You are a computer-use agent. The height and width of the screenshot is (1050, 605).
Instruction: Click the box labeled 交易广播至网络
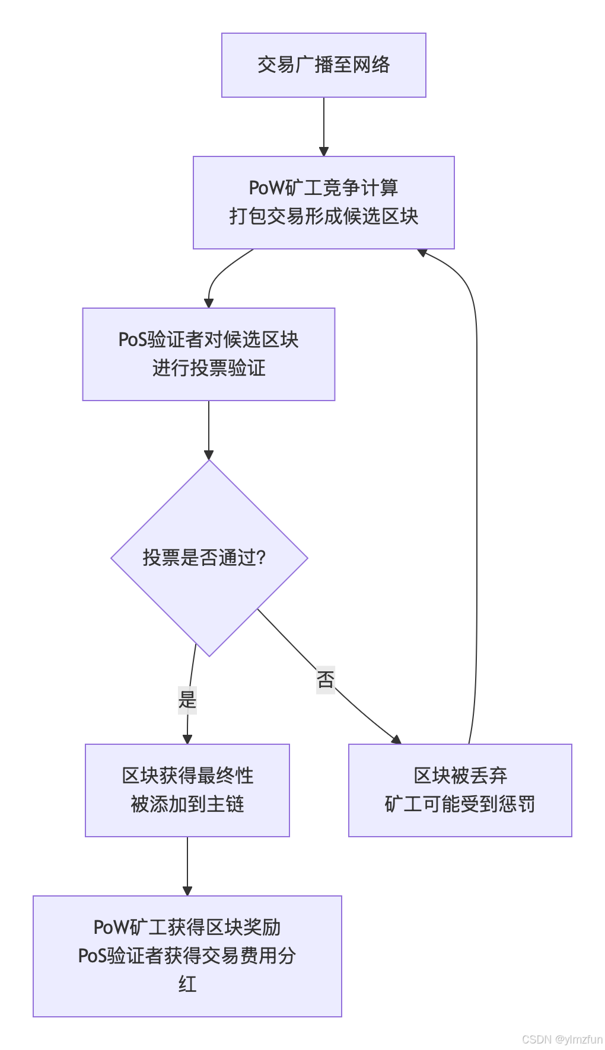(x=323, y=65)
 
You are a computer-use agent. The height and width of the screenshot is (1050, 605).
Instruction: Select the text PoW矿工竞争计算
(x=323, y=188)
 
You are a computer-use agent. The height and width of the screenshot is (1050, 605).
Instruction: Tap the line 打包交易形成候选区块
(x=323, y=216)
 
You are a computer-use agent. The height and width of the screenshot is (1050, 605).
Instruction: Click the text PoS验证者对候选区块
(x=208, y=340)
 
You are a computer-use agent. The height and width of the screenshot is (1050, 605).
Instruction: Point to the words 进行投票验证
(x=208, y=368)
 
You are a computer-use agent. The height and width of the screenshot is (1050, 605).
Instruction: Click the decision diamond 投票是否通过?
(x=209, y=558)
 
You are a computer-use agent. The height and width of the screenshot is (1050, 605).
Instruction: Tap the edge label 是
(x=187, y=699)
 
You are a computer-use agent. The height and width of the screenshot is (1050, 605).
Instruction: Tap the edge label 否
(x=326, y=679)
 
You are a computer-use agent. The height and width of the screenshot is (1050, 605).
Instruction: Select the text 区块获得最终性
(x=187, y=776)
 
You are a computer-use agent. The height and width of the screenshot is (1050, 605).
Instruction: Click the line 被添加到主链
(x=187, y=804)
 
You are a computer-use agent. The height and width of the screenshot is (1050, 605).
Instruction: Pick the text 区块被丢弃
(x=460, y=776)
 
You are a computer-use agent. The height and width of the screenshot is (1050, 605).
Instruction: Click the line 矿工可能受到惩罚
(x=460, y=804)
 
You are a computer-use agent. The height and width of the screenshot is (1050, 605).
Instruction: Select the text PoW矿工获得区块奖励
(x=187, y=927)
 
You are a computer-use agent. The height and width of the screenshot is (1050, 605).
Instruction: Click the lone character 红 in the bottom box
(x=187, y=984)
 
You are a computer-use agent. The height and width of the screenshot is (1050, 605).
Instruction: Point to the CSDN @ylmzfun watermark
(x=562, y=1039)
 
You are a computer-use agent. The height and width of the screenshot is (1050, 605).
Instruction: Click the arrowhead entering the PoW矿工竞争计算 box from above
(x=324, y=152)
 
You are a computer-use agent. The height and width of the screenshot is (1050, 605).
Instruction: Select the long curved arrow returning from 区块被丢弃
(x=476, y=474)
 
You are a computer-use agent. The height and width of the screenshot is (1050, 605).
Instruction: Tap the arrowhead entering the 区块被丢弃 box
(x=396, y=740)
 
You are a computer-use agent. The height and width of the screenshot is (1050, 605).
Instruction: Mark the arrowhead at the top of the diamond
(x=209, y=455)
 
